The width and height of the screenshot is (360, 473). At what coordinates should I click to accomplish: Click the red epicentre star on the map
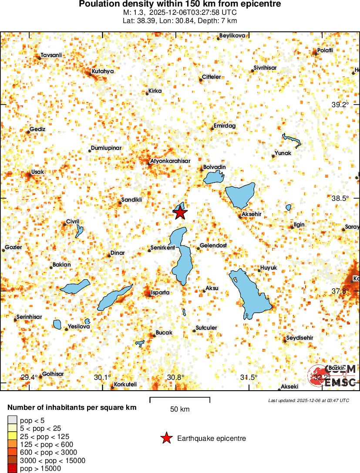180,213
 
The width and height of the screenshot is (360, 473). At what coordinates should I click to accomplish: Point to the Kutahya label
103,71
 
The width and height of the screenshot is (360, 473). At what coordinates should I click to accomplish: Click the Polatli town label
325,51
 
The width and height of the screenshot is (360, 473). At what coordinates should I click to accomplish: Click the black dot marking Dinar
109,255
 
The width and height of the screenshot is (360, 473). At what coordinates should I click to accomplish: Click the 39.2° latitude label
340,105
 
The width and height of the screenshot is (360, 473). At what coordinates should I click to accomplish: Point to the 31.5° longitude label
249,377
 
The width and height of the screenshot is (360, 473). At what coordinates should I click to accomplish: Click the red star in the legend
166,439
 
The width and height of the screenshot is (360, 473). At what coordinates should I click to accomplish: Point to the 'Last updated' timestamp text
309,400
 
